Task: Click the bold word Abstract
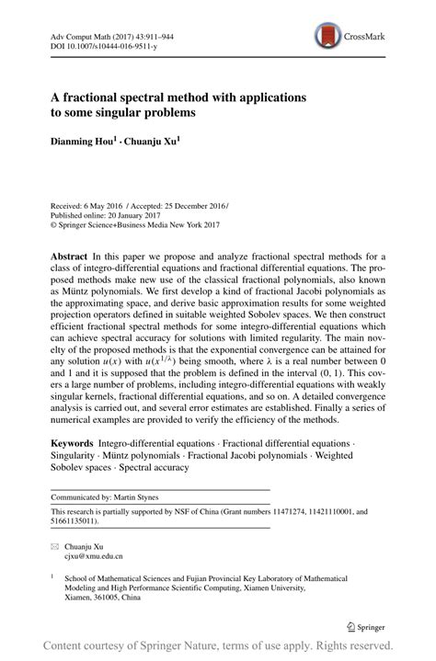pos(72,255)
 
